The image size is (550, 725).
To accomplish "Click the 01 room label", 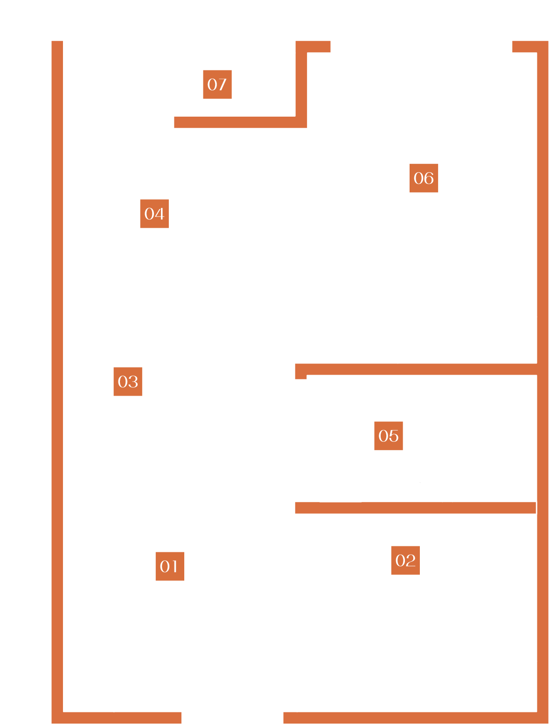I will tap(170, 566).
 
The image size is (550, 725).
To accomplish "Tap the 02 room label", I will tap(405, 560).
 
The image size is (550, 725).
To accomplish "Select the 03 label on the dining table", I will tap(128, 382).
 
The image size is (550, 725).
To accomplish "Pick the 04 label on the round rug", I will tap(154, 214).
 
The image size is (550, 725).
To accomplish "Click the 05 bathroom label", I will tap(389, 436).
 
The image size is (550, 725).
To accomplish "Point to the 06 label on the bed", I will tap(424, 178).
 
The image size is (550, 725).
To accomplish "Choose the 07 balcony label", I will tap(217, 84).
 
